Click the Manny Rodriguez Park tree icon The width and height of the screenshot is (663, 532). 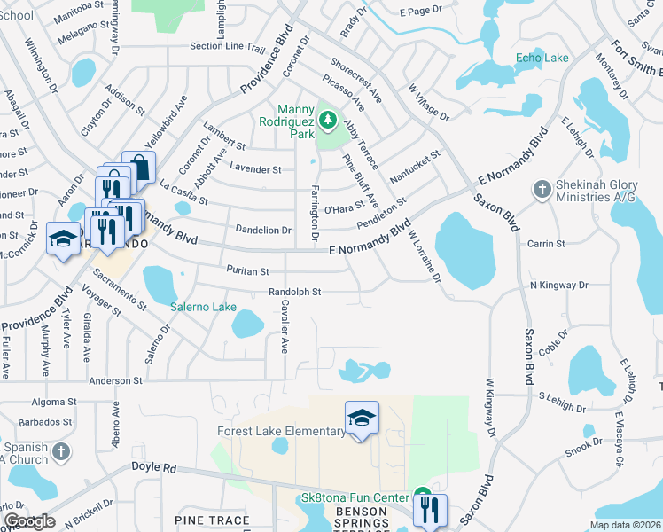[328, 118]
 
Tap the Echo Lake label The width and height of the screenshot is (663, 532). [542, 58]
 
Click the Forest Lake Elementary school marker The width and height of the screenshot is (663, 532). [362, 418]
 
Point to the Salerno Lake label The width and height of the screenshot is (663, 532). [203, 307]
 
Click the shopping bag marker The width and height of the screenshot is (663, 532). [139, 167]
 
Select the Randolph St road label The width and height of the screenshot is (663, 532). [295, 291]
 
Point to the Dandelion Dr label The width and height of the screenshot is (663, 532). [263, 230]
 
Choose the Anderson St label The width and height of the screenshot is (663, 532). [116, 380]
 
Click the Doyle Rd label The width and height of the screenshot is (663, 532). [154, 467]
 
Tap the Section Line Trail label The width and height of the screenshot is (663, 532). [228, 47]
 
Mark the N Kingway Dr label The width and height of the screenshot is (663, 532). [558, 286]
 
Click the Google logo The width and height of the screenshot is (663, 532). [29, 521]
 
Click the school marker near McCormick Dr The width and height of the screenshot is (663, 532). [63, 239]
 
